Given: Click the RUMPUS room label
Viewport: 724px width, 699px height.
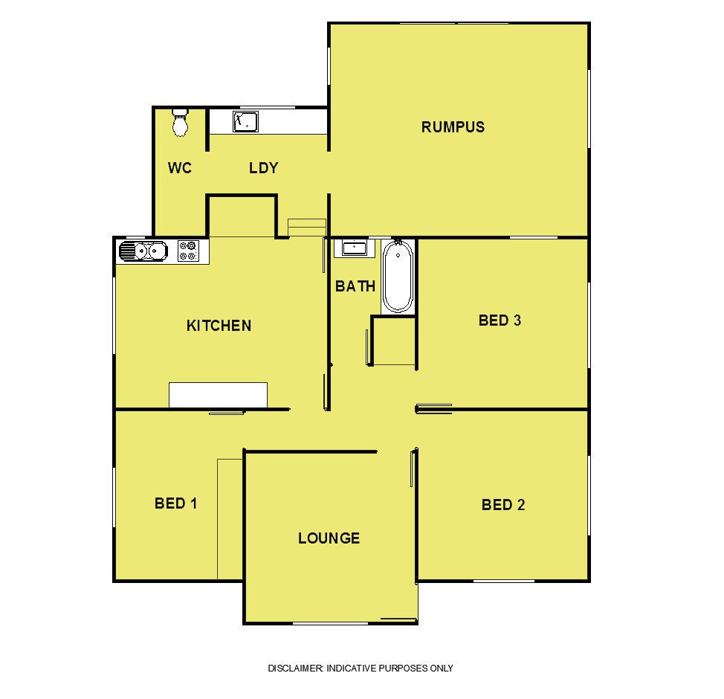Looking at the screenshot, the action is pyautogui.click(x=453, y=127).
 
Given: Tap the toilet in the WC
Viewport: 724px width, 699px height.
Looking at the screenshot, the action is pyautogui.click(x=180, y=122).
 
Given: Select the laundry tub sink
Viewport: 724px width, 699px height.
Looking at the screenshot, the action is pyautogui.click(x=245, y=121).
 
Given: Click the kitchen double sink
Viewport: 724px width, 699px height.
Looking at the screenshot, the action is pyautogui.click(x=143, y=251).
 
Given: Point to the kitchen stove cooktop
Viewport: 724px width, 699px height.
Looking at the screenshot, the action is pyautogui.click(x=189, y=251).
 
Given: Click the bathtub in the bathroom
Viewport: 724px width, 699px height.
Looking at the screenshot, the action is pyautogui.click(x=398, y=277).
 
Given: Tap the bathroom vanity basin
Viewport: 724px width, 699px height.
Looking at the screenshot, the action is pyautogui.click(x=354, y=248).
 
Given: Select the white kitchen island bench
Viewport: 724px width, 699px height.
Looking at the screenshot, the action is pyautogui.click(x=218, y=395).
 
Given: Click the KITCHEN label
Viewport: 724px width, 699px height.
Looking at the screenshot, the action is pyautogui.click(x=219, y=326).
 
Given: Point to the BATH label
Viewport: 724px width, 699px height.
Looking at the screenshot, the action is pyautogui.click(x=355, y=286).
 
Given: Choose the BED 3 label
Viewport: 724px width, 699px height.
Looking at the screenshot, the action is pyautogui.click(x=500, y=320).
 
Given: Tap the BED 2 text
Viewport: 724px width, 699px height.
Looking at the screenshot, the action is pyautogui.click(x=503, y=505).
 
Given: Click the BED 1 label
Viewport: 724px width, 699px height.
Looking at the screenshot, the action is pyautogui.click(x=176, y=503).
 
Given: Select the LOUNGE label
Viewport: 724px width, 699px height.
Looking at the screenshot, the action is pyautogui.click(x=329, y=538).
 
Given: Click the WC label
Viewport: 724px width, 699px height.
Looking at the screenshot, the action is pyautogui.click(x=180, y=168).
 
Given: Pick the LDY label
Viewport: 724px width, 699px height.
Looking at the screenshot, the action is pyautogui.click(x=264, y=168).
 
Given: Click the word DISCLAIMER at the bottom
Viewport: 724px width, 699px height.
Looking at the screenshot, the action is pyautogui.click(x=296, y=668).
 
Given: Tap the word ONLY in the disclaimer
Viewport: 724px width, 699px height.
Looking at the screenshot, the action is pyautogui.click(x=442, y=668).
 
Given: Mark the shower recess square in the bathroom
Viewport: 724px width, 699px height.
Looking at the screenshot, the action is pyautogui.click(x=393, y=341).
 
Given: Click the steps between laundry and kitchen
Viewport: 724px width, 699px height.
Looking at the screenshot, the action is pyautogui.click(x=307, y=228).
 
